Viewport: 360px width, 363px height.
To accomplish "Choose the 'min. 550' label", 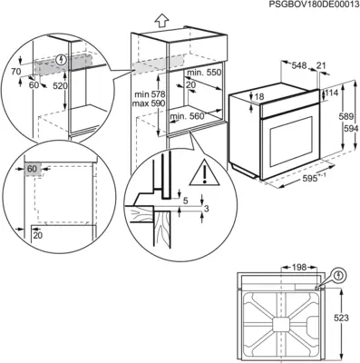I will [x=203, y=72].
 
